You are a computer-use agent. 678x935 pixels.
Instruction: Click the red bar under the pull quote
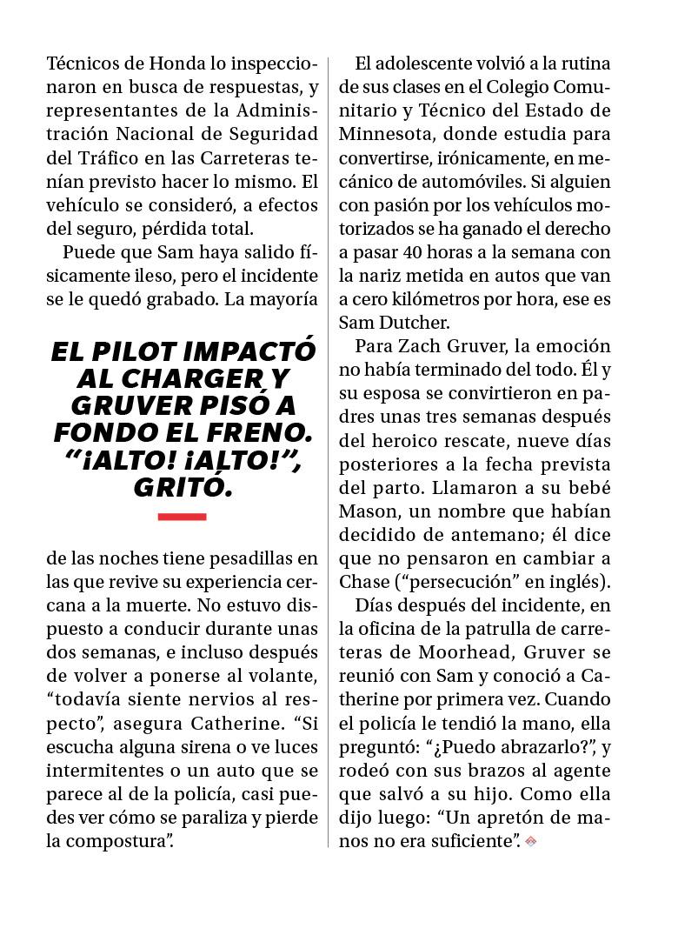click(x=183, y=517)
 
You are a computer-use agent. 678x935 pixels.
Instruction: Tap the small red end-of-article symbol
click(x=531, y=841)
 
